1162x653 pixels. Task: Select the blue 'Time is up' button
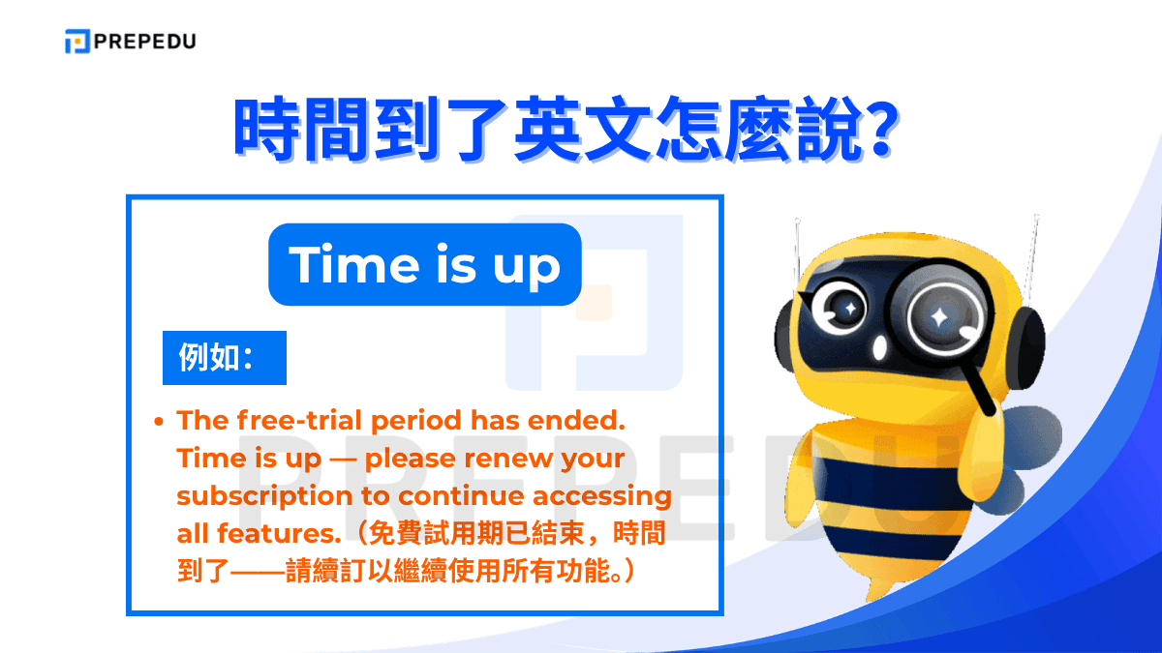tap(424, 265)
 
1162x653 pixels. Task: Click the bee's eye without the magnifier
tap(846, 308)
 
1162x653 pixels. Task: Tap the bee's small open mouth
tap(879, 346)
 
